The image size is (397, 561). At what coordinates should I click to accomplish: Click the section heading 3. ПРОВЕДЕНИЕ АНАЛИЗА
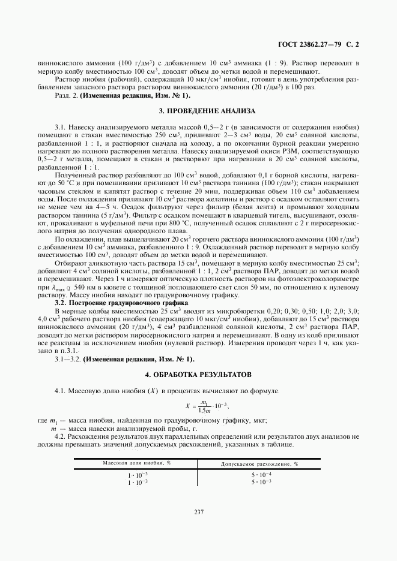click(198, 111)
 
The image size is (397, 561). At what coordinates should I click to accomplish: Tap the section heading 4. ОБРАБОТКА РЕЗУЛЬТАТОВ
click(198, 375)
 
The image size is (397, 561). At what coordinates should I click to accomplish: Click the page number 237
click(199, 511)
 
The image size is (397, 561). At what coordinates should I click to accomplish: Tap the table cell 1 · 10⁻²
click(138, 482)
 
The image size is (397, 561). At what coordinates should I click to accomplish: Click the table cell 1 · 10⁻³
click(138, 475)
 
